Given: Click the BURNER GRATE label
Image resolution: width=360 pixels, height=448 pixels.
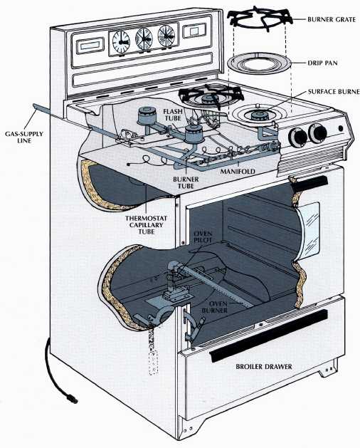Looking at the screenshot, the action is tap(331, 19).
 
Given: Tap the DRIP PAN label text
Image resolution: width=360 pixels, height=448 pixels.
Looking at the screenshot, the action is tap(322, 63).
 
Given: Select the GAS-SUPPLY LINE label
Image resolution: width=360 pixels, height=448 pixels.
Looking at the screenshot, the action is tap(24, 137).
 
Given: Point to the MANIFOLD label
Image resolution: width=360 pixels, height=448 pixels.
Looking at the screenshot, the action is tap(238, 172).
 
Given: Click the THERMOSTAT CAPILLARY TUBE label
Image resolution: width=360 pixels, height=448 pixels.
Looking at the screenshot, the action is tap(146, 225).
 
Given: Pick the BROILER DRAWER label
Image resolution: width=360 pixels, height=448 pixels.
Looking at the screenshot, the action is tap(264, 367).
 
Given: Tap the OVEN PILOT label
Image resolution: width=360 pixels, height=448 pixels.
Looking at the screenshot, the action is tap(203, 237).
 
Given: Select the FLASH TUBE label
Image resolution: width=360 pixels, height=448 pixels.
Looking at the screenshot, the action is tap(172, 114).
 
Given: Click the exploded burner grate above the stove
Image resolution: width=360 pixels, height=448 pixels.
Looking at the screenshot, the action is tap(259, 19).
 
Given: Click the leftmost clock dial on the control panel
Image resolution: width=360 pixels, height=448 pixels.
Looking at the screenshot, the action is tap(121, 42).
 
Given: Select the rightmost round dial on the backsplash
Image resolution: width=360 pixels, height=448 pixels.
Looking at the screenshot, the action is tap(166, 36).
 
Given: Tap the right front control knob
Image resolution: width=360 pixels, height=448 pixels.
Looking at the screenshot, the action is tap(318, 133).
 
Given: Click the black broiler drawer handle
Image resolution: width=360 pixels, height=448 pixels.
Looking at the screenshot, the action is tap(268, 335).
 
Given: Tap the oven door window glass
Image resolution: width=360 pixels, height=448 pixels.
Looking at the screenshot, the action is tap(308, 229).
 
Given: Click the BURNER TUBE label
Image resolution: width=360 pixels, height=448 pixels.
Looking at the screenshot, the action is tap(186, 182).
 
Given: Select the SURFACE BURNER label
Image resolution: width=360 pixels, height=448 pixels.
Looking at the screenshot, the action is tap(334, 92).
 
